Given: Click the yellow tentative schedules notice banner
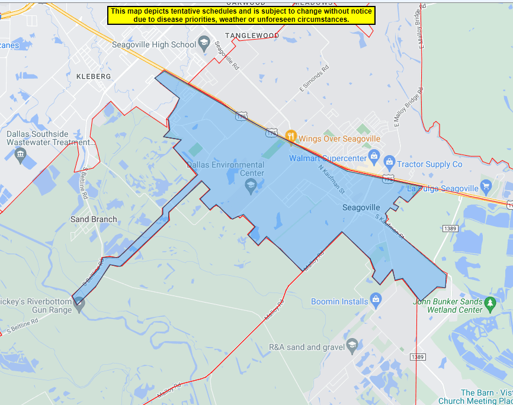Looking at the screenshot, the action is [241, 15].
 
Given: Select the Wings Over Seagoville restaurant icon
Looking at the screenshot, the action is [290, 136].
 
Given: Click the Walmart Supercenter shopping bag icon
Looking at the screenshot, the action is [374, 156].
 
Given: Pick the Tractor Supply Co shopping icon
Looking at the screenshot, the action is [389, 161].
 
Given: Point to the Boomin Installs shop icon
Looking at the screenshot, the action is [375, 300].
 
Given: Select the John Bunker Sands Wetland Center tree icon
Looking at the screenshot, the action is [489, 303].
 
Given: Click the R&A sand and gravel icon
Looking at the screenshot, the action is [352, 345].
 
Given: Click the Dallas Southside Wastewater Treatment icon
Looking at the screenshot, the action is [21, 155].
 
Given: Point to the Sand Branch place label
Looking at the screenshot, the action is [94, 219].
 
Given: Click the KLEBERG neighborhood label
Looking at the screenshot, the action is [94, 77].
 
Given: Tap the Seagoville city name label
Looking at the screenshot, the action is [361, 208].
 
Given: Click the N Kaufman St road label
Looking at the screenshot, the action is [332, 178].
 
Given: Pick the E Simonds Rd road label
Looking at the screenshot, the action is [313, 82].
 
